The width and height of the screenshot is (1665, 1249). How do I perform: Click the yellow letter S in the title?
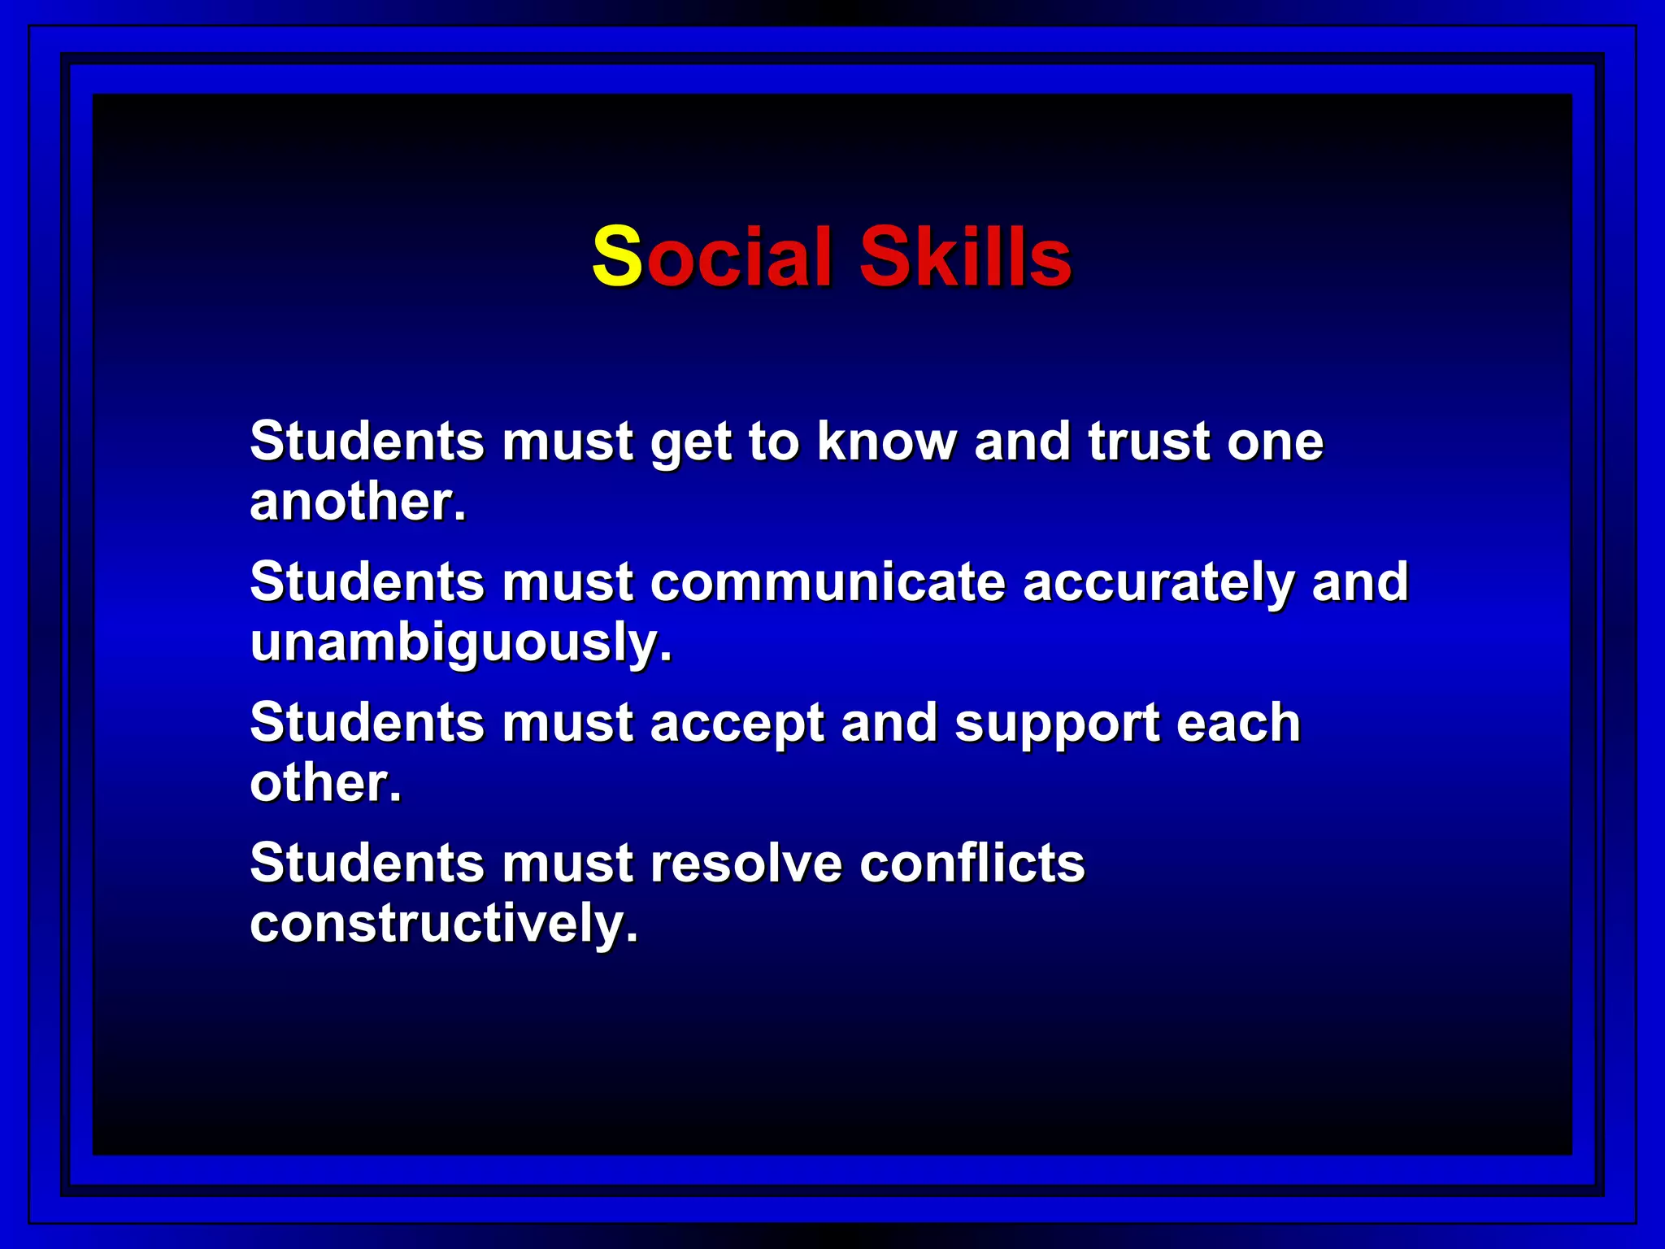617,257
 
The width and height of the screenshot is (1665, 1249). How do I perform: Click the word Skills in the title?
965,257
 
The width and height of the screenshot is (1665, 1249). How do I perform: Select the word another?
358,502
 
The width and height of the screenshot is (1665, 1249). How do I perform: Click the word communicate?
828,582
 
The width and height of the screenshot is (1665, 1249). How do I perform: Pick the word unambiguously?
461,643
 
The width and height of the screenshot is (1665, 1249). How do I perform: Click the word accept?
737,724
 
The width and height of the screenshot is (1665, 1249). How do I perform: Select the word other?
325,783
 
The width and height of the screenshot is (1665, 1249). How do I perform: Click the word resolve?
746,863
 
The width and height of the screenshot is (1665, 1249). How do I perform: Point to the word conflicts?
972,863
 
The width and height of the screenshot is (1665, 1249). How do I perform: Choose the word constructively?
443,925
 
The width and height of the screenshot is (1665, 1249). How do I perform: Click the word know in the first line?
887,442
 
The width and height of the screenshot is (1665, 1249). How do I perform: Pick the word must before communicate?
567,582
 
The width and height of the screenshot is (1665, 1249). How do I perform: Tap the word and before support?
889,723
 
